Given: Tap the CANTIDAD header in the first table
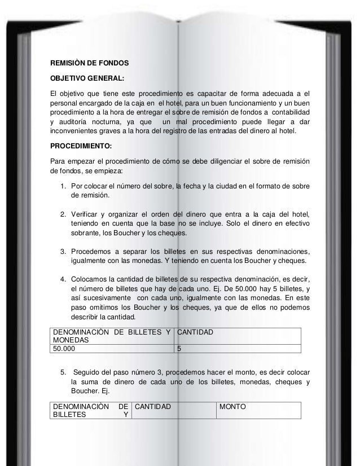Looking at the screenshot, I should pyautogui.click(x=195, y=333).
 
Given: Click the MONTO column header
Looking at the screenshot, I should pyautogui.click(x=232, y=406).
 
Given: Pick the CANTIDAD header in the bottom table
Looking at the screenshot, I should pyautogui.click(x=156, y=406).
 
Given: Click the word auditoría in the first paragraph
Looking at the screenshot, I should pyautogui.click(x=80, y=121).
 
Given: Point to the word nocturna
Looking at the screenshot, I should pyautogui.click(x=116, y=121).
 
